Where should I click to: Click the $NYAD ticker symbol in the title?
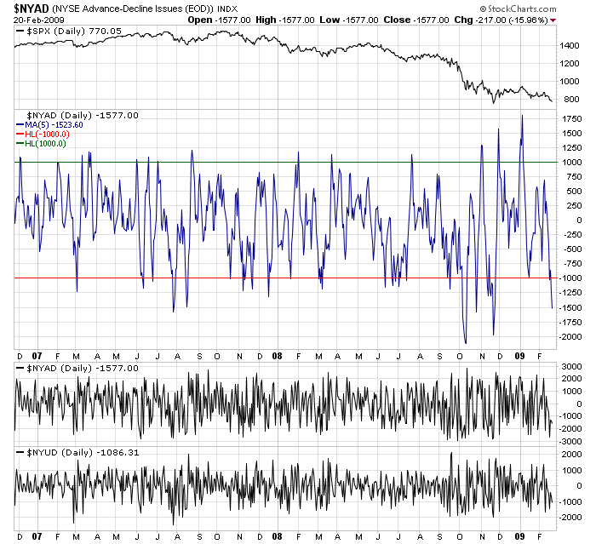[x=31, y=7]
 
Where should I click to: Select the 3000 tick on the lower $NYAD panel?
[x=572, y=365]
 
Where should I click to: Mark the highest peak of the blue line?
[x=521, y=115]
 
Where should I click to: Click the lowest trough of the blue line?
[x=465, y=343]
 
